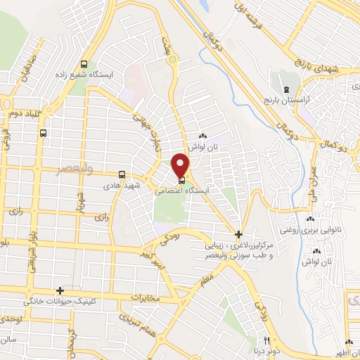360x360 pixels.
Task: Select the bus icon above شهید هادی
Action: click(x=122, y=174)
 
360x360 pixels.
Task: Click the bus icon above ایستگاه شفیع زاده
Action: click(x=85, y=60)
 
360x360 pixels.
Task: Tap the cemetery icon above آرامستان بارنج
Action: click(x=285, y=90)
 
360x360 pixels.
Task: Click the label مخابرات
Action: click(x=146, y=297)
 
